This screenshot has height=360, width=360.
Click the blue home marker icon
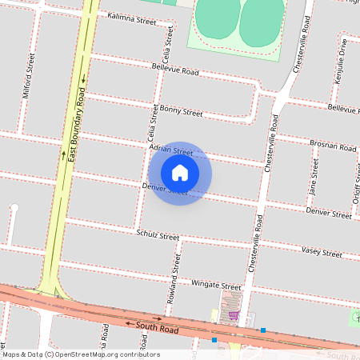point(180,172)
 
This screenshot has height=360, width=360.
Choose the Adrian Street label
point(171,150)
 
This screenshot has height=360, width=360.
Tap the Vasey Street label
point(322,251)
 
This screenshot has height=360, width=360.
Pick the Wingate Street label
point(216,285)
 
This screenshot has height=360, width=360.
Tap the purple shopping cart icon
point(234,314)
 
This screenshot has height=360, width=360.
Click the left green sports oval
point(217,18)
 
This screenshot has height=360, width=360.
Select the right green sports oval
point(262,20)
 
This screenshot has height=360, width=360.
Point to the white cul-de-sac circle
point(14,209)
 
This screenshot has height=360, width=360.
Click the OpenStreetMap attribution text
point(82,354)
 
